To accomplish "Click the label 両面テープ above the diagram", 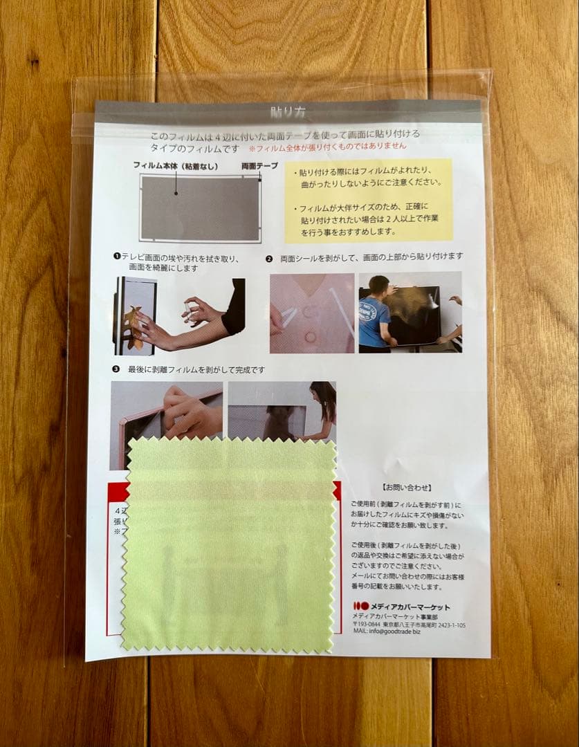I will point(259,166).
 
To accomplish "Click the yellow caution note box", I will point(370,199).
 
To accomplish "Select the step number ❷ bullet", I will point(269,259).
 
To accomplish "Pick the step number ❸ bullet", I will point(117,370).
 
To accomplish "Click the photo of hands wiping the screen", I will point(178,315).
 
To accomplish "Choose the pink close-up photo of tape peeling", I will point(312,313).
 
